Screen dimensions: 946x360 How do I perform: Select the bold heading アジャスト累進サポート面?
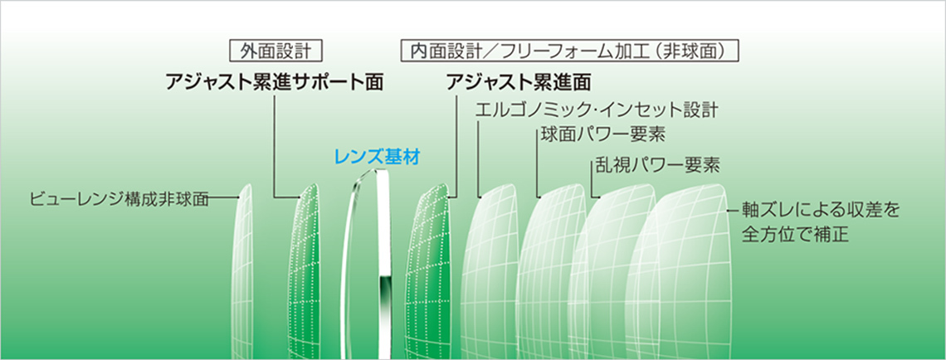pos(275,82)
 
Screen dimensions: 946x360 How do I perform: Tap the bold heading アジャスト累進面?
pos(519,82)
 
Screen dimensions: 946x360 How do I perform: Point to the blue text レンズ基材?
pos(377,158)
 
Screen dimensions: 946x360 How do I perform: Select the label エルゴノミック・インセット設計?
pos(597,110)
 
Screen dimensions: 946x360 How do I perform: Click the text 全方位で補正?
pos(795,234)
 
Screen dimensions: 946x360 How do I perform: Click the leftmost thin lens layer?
pos(242,271)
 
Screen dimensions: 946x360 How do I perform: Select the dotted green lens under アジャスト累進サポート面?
pos(304,271)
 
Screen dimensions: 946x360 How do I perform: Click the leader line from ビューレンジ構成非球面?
pos(224,198)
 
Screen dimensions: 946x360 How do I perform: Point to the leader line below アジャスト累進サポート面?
pos(275,148)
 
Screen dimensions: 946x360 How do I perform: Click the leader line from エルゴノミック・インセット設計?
pos(478,159)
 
